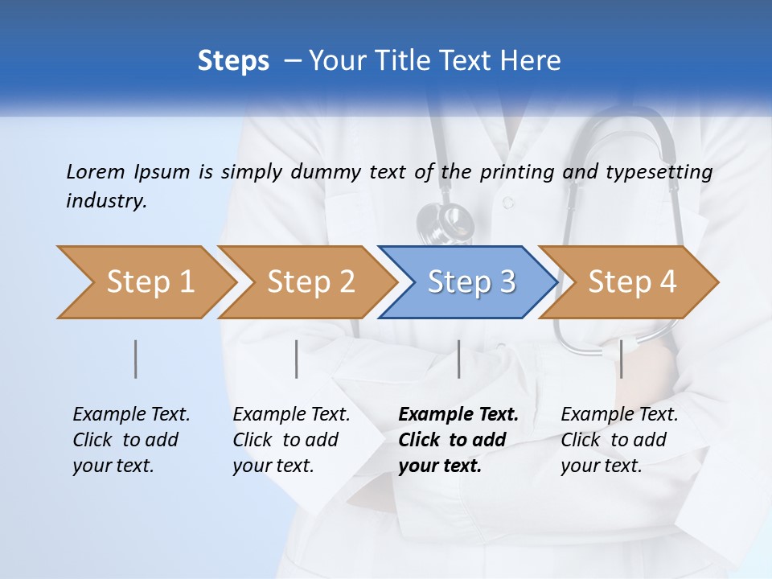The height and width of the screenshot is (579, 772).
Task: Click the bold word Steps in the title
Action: [x=233, y=61]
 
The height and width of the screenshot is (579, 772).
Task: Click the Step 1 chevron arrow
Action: [x=145, y=282]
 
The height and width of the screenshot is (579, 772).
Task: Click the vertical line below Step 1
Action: [x=136, y=359]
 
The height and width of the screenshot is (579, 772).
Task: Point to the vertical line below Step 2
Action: [x=297, y=359]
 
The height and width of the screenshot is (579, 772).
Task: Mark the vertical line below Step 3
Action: [x=459, y=359]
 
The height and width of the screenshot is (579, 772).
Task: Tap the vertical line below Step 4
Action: [x=621, y=359]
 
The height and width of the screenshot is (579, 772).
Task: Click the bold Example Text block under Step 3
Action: [x=458, y=440]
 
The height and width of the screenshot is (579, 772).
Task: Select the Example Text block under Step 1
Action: [x=131, y=440]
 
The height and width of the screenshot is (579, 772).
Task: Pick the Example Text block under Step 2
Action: [x=291, y=440]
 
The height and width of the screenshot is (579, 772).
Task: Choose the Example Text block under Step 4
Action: [x=619, y=440]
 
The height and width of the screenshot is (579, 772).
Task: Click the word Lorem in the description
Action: [x=96, y=171]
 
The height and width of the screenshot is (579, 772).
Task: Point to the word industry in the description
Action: [x=105, y=201]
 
